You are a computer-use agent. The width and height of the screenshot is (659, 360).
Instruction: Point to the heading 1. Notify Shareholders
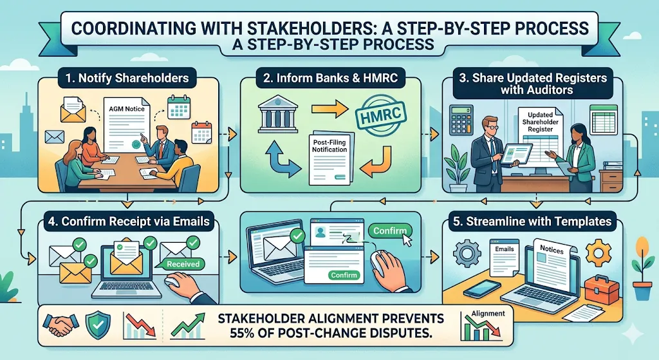pos(126,79)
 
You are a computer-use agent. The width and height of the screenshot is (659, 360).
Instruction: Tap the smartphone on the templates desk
pos(476,289)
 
